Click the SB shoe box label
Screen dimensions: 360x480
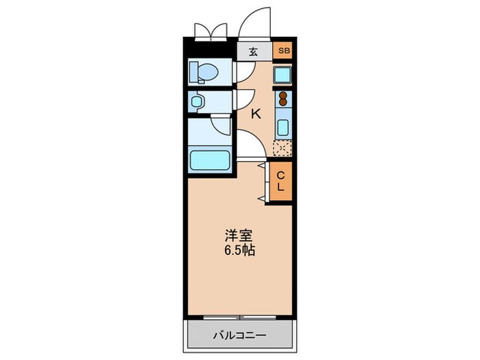283,51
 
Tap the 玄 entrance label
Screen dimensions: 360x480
253,51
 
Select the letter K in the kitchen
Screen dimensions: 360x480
256,114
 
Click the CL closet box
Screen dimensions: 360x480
281,181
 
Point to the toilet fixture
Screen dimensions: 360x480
204,71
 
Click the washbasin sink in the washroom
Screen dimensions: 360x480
198,101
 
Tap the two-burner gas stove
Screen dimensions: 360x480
283,99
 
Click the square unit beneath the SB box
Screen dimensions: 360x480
283,75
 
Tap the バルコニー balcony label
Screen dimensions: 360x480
239,336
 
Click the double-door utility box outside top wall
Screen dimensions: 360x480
211,32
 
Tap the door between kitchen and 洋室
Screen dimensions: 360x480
248,146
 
